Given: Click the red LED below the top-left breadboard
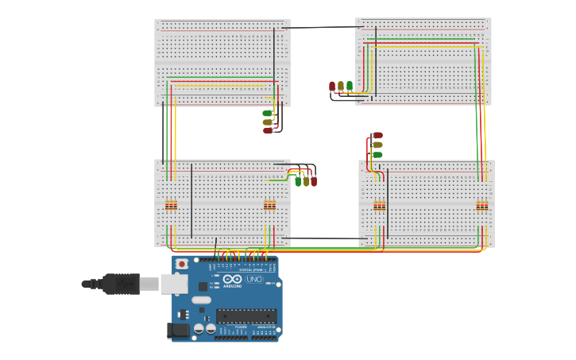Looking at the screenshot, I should pyautogui.click(x=268, y=130).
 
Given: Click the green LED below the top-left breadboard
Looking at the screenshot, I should pyautogui.click(x=268, y=114).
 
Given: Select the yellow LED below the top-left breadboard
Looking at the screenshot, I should pyautogui.click(x=268, y=122).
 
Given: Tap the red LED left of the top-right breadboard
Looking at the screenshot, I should pyautogui.click(x=332, y=86).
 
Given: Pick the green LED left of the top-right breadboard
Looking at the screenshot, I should pyautogui.click(x=350, y=86).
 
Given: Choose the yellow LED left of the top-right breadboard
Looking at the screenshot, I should pyautogui.click(x=341, y=86).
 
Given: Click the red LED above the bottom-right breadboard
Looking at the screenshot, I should pyautogui.click(x=377, y=136).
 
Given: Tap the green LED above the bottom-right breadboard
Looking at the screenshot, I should pyautogui.click(x=377, y=154).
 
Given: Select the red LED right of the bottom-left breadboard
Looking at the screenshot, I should pyautogui.click(x=314, y=181).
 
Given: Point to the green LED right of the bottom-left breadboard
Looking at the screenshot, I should pyautogui.click(x=298, y=181).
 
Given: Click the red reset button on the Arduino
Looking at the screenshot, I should pyautogui.click(x=182, y=264).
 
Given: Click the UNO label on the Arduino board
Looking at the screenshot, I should pyautogui.click(x=255, y=280).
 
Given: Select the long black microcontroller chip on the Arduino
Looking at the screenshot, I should pyautogui.click(x=245, y=316).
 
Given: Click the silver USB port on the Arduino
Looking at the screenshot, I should pyautogui.click(x=173, y=284).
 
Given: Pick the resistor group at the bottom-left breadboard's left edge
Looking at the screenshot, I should pyautogui.click(x=171, y=206).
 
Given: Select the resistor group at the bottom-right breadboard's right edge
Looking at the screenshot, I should pyautogui.click(x=482, y=206).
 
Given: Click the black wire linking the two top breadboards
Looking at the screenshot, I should pyautogui.click(x=322, y=28).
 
